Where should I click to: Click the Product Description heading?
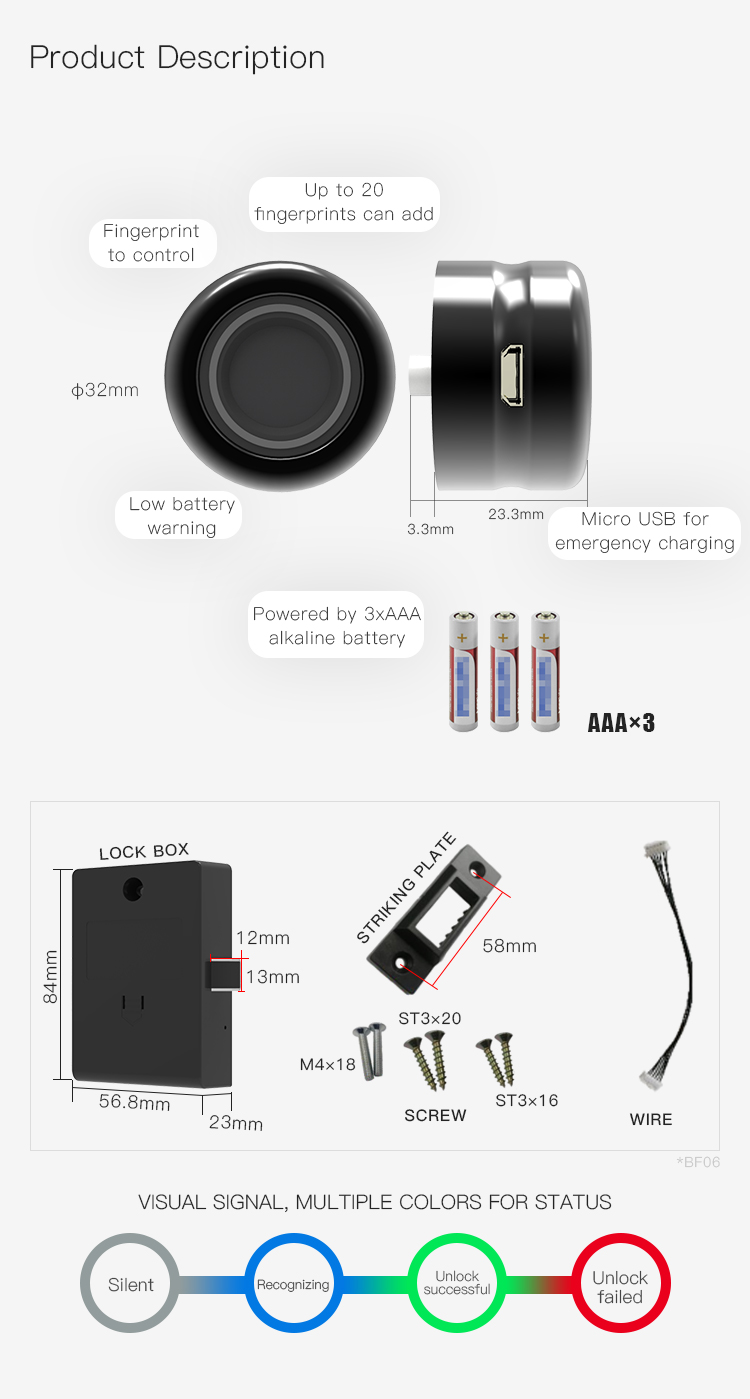pos(177,57)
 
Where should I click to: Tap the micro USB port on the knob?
pos(512,376)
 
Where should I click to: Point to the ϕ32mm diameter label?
pos(105,390)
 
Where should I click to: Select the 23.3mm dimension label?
pos(516,514)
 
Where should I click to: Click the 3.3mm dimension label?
pos(430,529)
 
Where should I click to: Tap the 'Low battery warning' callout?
pos(179,516)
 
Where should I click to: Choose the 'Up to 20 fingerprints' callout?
pos(344,204)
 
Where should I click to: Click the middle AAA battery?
pos(504,671)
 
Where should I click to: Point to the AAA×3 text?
pos(621,723)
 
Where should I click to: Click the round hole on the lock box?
pos(133,888)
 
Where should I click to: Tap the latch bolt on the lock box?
pos(223,976)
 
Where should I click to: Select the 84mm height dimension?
pos(51,977)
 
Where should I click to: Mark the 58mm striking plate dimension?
pos(510,946)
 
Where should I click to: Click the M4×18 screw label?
pos(328,1064)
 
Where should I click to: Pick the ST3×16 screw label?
pos(526,1100)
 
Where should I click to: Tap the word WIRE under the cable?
pos(651,1119)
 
